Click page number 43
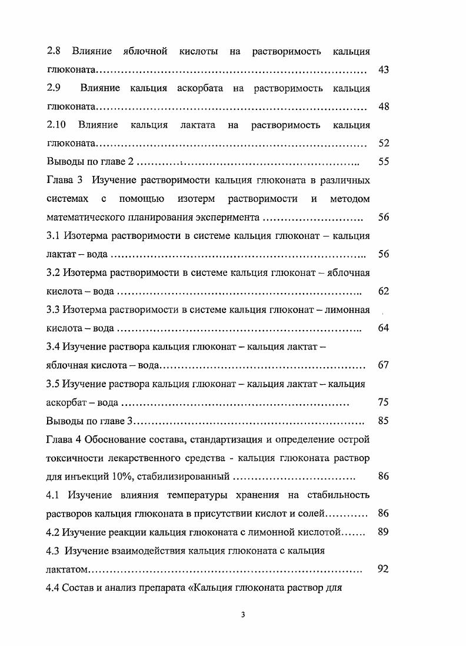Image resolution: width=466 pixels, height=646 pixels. [x=384, y=70]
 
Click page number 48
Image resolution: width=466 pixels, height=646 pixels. [x=384, y=107]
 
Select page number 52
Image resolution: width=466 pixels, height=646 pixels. [x=384, y=144]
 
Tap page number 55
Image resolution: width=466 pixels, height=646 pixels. [x=384, y=162]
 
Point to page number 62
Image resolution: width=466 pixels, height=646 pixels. [x=384, y=291]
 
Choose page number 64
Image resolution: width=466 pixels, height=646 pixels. [x=384, y=328]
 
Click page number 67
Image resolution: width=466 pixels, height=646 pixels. [x=384, y=365]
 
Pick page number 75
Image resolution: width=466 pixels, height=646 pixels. [x=384, y=403]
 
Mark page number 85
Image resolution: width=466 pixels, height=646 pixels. [x=384, y=421]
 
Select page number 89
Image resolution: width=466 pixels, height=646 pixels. [x=384, y=532]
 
